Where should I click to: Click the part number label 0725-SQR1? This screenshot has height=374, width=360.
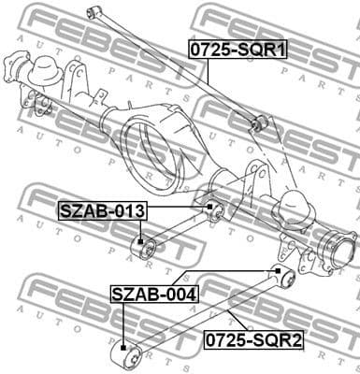tap(238, 49)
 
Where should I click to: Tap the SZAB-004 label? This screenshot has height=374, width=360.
tap(154, 295)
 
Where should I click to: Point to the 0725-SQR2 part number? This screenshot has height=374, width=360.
tap(253, 340)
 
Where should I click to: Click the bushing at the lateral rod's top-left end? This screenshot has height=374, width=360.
tap(92, 11)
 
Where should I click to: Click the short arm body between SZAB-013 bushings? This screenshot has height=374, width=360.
tap(179, 231)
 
